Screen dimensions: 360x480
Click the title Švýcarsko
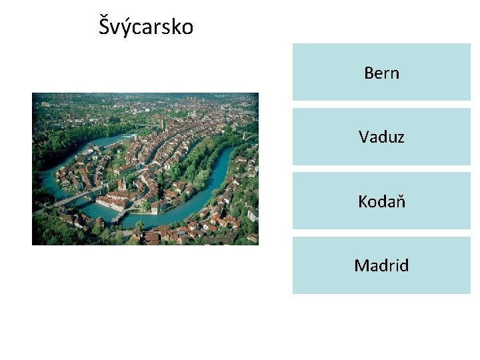coord(146,27)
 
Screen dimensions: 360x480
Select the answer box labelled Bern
coord(381,73)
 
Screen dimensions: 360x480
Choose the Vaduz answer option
coord(381,137)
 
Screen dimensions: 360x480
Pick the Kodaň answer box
coord(381,201)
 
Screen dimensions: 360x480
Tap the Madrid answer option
coord(381,265)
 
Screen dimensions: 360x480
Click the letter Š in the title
coord(105,27)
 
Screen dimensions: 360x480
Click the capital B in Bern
coord(369,73)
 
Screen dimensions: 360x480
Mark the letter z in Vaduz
coord(400,137)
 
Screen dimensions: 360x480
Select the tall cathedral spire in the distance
coord(162,122)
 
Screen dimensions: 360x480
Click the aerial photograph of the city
coord(145,169)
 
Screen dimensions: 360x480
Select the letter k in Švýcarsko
coord(176,27)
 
